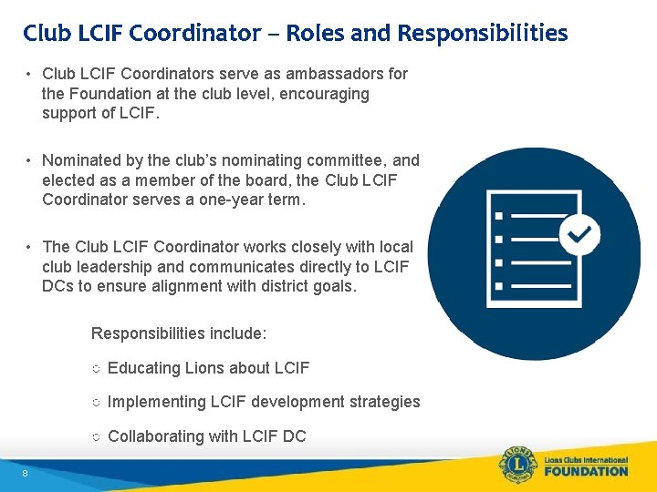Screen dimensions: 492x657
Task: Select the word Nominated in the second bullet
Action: pyautogui.click(x=79, y=160)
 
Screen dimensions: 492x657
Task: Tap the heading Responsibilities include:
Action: pyautogui.click(x=179, y=333)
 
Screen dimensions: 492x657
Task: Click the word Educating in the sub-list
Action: pyautogui.click(x=144, y=368)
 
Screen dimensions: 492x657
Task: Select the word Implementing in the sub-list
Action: pyautogui.click(x=157, y=402)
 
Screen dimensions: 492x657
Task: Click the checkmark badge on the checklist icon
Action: pyautogui.click(x=579, y=234)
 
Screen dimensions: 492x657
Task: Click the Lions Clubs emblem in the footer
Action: pyautogui.click(x=516, y=465)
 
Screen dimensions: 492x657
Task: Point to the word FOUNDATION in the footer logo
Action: pyautogui.click(x=585, y=471)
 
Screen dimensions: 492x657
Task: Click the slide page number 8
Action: pyautogui.click(x=26, y=473)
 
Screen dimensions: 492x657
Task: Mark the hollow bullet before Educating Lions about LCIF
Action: pyautogui.click(x=96, y=369)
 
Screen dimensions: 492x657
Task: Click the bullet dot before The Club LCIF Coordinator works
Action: pyautogui.click(x=30, y=247)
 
